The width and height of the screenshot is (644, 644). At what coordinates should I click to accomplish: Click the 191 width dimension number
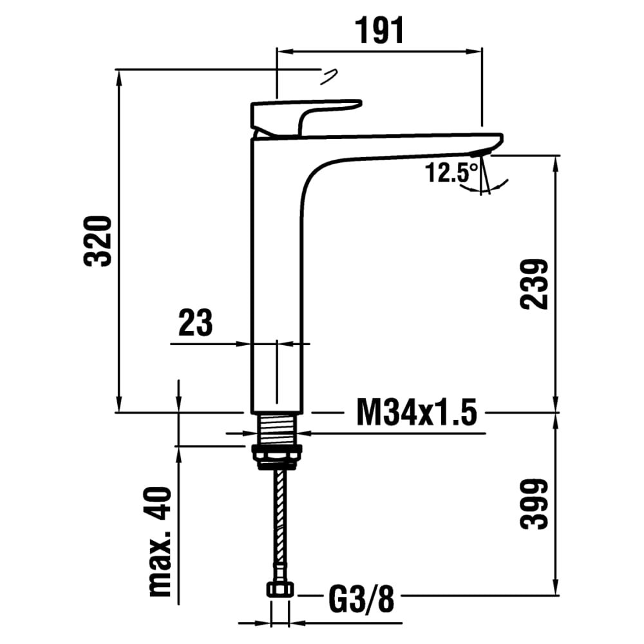pos(379,30)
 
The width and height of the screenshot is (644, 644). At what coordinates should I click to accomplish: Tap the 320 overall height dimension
pos(98,241)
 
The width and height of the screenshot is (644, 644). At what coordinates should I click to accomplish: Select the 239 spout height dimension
pos(534,284)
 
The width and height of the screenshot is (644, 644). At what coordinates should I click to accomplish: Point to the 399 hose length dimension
pos(534,504)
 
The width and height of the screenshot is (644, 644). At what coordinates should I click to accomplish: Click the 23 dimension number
pos(196,323)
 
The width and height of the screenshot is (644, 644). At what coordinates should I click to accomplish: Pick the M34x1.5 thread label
pos(417,412)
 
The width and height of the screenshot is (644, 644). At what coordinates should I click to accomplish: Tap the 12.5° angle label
pos(451,173)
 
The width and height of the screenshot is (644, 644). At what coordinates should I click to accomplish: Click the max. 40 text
pos(160,542)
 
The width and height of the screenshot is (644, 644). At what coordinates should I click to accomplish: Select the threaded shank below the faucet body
pos(278,429)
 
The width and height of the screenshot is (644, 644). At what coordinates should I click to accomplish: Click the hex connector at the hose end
pos(280,589)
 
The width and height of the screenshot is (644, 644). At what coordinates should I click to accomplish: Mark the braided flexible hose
pos(281,525)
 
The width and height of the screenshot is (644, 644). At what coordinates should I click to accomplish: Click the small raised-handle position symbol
pos(328,77)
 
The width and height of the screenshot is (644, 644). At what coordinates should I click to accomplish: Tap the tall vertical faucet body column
pos(276,275)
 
